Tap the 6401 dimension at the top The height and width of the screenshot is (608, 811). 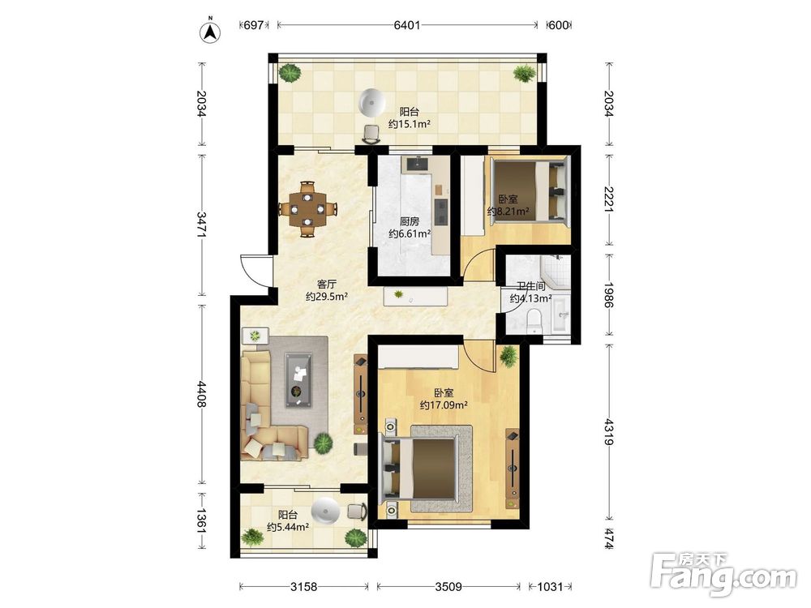point(407,25)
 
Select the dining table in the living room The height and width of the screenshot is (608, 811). point(307,209)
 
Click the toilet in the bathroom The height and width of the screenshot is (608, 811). point(534,320)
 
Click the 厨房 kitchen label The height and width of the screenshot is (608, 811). point(410,221)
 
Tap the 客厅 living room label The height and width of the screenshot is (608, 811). point(327,284)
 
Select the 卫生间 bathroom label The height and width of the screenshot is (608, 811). point(531,286)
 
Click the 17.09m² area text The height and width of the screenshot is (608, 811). point(444,405)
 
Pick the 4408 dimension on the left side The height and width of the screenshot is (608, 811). point(202,395)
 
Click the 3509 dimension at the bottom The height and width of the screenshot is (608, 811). point(448,586)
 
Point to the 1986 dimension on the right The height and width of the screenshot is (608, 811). point(609,295)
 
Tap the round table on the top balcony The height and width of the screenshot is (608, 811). point(372,102)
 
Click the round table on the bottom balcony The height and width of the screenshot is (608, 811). point(326,511)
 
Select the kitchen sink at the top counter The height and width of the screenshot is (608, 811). point(417,164)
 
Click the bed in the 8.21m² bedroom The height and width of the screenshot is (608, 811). point(528,191)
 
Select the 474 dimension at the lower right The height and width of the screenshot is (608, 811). point(609,539)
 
